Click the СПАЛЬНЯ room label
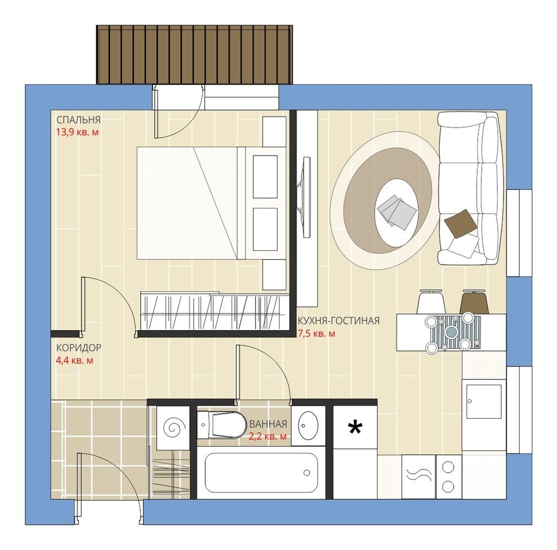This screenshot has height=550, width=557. pyautogui.click(x=79, y=120)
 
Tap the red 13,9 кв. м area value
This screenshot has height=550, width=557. pyautogui.click(x=77, y=133)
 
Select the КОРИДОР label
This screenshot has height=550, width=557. pyautogui.click(x=79, y=348)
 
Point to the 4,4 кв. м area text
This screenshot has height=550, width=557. pyautogui.click(x=75, y=361)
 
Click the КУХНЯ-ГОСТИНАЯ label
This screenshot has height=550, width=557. pyautogui.click(x=338, y=321)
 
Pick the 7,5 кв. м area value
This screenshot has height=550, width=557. pyautogui.click(x=316, y=334)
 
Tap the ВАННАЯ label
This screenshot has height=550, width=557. pyautogui.click(x=268, y=424)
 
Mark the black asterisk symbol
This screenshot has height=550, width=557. pyautogui.click(x=355, y=427)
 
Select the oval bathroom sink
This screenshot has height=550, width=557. pyautogui.click(x=308, y=425)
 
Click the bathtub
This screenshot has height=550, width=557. pyautogui.click(x=261, y=472)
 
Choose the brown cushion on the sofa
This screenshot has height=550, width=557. pyautogui.click(x=461, y=223)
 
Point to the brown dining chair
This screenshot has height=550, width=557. pyautogui.click(x=474, y=302)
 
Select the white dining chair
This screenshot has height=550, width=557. pyautogui.click(x=432, y=302)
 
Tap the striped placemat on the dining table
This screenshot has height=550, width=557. pyautogui.click(x=456, y=333)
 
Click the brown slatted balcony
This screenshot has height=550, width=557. pyautogui.click(x=194, y=54)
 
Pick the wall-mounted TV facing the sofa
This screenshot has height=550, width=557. pyautogui.click(x=305, y=197)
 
